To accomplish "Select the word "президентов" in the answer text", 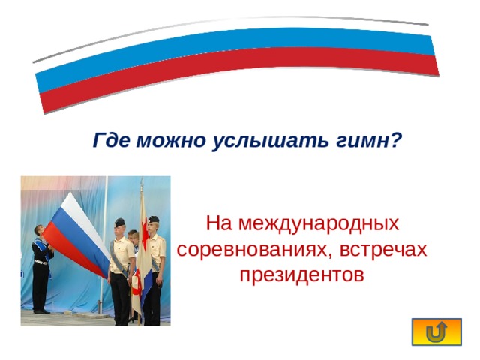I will [x=301, y=274].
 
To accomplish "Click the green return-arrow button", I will [x=437, y=332].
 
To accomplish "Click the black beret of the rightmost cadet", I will [x=153, y=219].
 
